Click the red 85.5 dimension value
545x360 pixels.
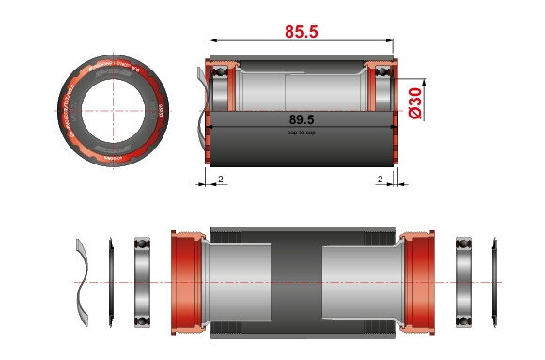click(302, 32)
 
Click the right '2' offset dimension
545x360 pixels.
click(380, 177)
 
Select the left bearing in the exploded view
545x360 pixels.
click(144, 281)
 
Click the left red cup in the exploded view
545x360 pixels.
click(187, 281)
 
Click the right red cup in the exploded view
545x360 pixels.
click(420, 281)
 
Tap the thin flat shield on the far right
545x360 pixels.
click(494, 281)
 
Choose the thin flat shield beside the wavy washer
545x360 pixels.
click(111, 281)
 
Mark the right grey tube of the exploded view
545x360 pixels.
click(362, 281)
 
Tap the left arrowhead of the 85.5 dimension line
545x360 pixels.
click(211, 41)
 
